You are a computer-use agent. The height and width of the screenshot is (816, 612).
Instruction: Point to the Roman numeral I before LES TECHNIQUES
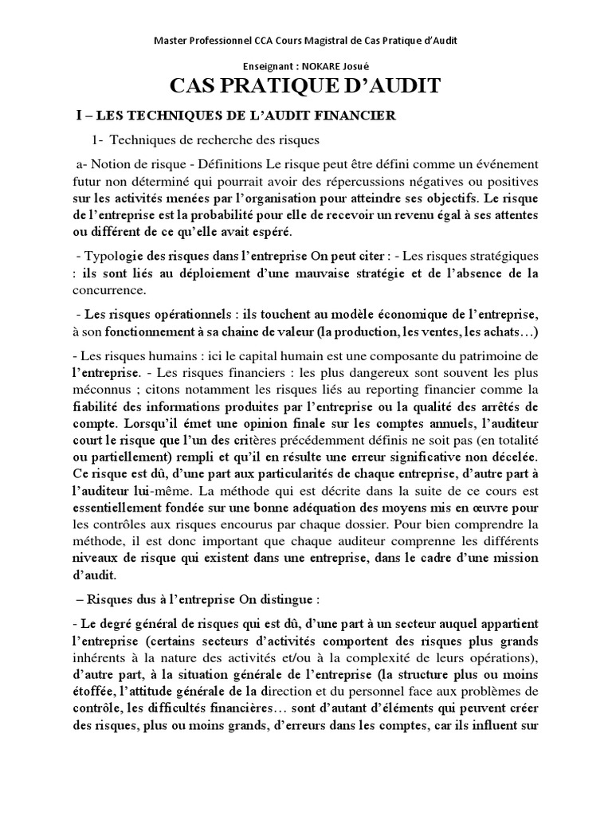(x=78, y=116)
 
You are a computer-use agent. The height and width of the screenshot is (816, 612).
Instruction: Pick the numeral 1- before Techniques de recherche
(x=98, y=141)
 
